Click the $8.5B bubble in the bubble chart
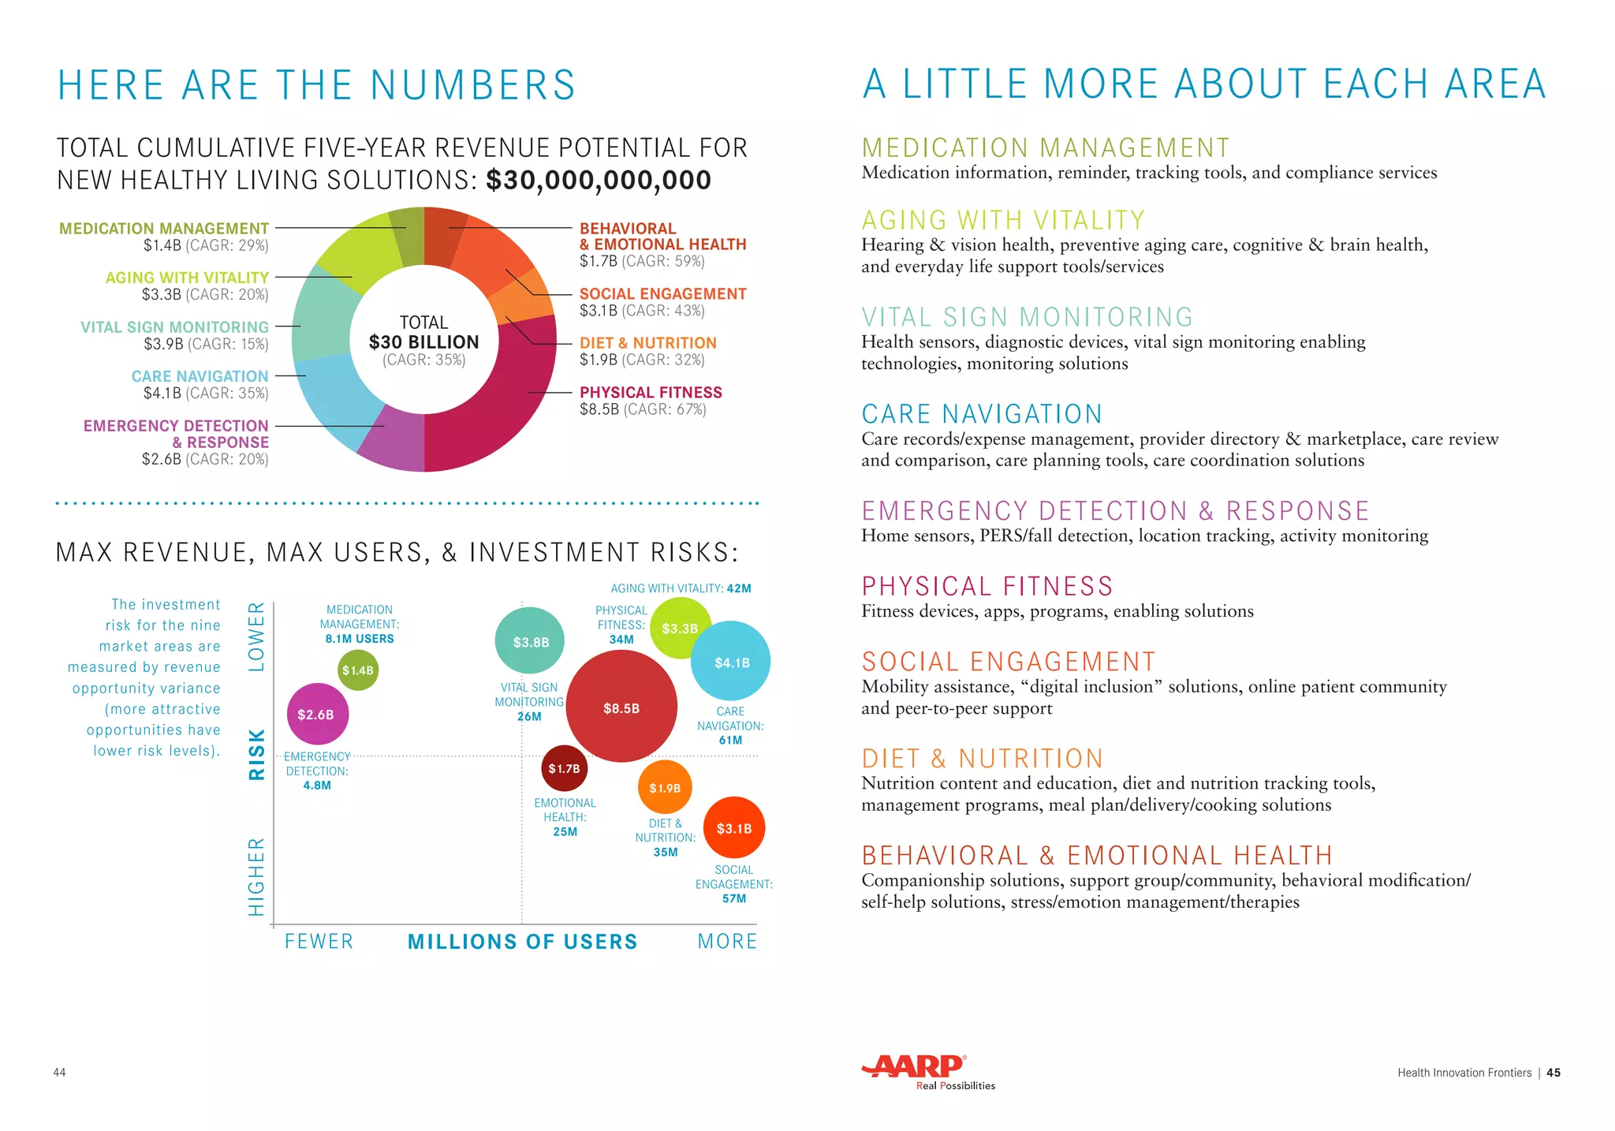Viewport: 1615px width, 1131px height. click(x=621, y=707)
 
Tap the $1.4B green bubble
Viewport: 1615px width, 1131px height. click(x=358, y=670)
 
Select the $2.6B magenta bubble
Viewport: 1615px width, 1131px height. click(x=316, y=714)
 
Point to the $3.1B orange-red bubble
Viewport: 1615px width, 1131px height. click(x=734, y=827)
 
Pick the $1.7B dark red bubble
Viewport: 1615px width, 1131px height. click(x=565, y=768)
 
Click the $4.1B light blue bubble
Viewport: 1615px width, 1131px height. click(x=731, y=662)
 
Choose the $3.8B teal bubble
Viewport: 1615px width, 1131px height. click(x=531, y=641)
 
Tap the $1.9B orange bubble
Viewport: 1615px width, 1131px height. click(x=665, y=787)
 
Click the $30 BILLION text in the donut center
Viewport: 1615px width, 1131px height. click(x=424, y=342)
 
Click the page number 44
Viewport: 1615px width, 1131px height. click(x=59, y=1072)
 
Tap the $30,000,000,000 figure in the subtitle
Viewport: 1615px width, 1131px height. click(x=599, y=180)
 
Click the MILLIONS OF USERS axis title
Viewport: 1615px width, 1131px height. click(x=522, y=941)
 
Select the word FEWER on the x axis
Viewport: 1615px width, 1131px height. click(x=319, y=941)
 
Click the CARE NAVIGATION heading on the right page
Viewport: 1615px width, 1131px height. click(x=982, y=414)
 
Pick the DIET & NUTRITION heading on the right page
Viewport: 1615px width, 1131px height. click(x=982, y=759)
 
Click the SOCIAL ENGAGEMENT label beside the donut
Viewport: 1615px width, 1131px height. click(x=662, y=293)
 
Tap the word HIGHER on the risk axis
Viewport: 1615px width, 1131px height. click(x=256, y=876)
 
